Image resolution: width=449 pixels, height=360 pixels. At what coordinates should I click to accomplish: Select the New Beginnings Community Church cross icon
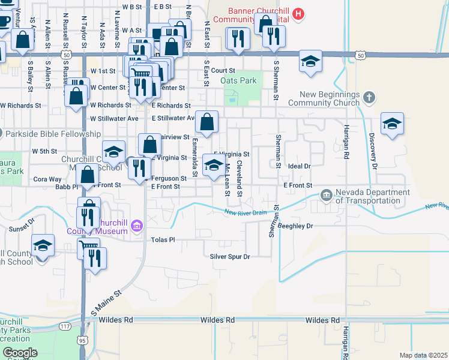pos(369,97)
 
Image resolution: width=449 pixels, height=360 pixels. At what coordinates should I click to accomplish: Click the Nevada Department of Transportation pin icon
pos(326,194)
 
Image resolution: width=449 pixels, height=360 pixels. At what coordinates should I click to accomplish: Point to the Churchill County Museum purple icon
pos(137,226)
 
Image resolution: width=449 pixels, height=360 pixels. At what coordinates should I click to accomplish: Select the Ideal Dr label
pos(298,166)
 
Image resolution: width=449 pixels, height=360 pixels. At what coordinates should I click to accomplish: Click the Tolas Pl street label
pos(163,239)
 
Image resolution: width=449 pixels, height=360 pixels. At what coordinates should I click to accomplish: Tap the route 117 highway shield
pos(65,326)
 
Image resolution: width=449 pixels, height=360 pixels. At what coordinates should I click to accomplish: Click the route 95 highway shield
pos(81,340)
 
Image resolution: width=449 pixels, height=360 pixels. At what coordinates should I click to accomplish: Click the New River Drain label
pos(246,212)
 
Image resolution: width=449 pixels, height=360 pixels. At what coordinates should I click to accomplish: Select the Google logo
pos(20,353)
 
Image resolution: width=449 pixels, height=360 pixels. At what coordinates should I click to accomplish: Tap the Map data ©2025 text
pos(423,355)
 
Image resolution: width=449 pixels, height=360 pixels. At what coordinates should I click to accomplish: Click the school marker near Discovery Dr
pos(392,124)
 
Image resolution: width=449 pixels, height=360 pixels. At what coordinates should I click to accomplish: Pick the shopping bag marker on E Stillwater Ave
pos(206,122)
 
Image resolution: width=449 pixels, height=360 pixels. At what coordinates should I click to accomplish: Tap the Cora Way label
pos(47,179)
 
